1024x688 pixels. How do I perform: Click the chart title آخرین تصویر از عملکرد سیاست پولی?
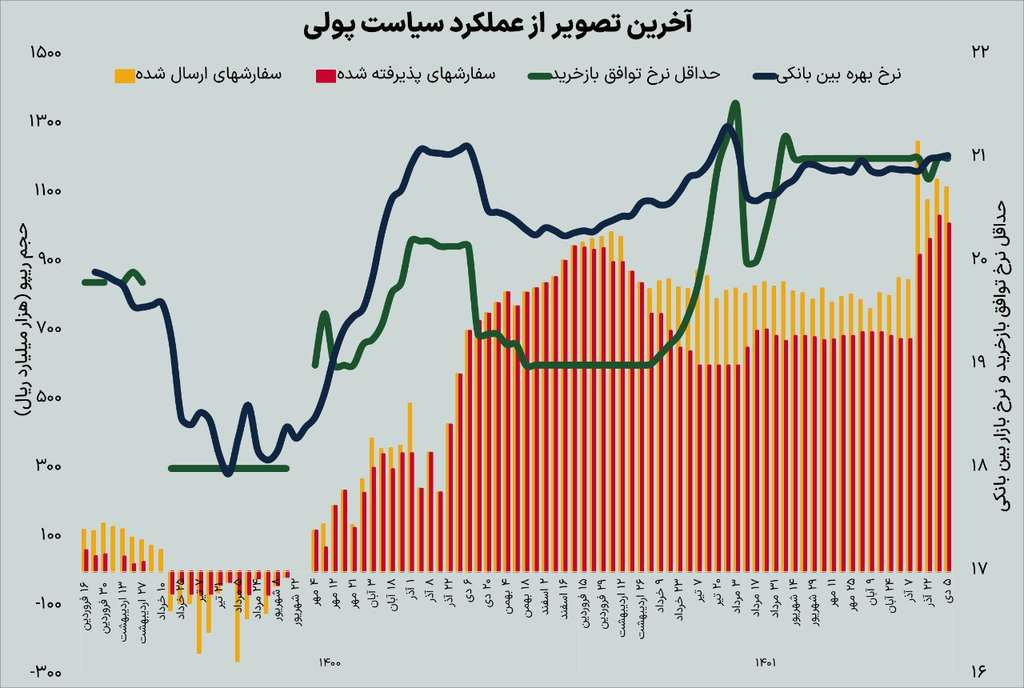(x=498, y=25)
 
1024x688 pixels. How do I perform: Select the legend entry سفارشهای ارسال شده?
(x=197, y=74)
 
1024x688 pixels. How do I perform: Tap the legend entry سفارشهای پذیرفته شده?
(x=406, y=74)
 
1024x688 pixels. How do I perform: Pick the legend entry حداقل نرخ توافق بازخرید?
(x=624, y=74)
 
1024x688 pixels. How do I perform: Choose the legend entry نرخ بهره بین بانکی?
(x=827, y=74)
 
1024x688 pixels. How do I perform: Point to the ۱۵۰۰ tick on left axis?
(x=46, y=53)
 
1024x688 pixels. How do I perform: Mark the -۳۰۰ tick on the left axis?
(x=46, y=673)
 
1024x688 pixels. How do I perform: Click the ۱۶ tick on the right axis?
(x=980, y=673)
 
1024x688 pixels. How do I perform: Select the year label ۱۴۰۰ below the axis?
(x=330, y=662)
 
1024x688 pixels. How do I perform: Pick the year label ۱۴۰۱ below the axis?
(x=766, y=662)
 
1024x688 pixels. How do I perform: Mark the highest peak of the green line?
(x=734, y=104)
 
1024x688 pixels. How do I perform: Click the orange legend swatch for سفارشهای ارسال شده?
(x=125, y=75)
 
